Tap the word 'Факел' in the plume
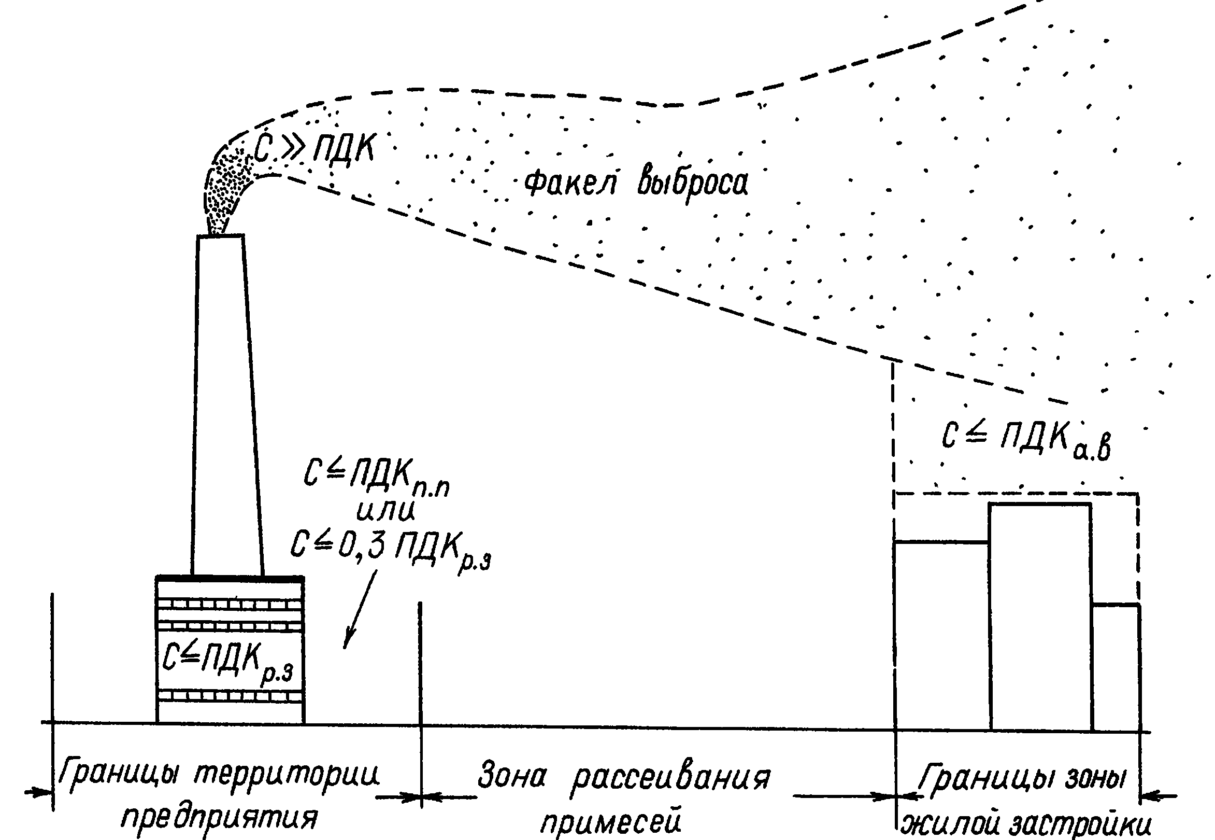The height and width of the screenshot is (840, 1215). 570,183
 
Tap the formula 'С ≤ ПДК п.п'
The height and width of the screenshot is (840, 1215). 376,478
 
